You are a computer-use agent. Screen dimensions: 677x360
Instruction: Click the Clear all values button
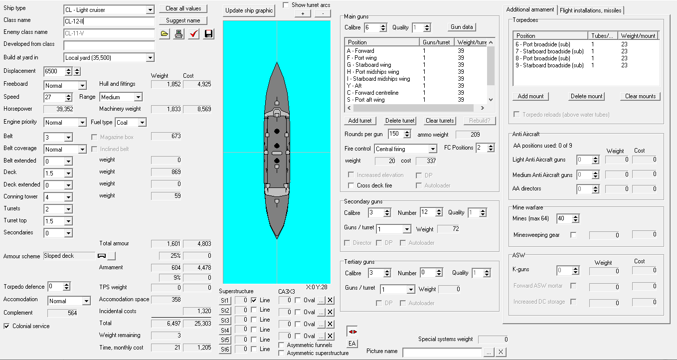click(183, 8)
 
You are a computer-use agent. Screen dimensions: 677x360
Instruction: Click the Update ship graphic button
click(249, 10)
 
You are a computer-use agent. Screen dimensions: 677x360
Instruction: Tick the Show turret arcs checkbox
click(286, 5)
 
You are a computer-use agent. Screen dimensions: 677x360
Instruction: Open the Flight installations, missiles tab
click(591, 10)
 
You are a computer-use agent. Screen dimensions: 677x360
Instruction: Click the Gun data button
click(462, 27)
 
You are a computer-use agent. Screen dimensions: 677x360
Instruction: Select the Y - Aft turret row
click(354, 86)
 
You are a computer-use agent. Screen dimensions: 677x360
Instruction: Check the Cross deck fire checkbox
click(351, 185)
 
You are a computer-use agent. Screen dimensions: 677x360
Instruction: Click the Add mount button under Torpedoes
click(530, 96)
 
